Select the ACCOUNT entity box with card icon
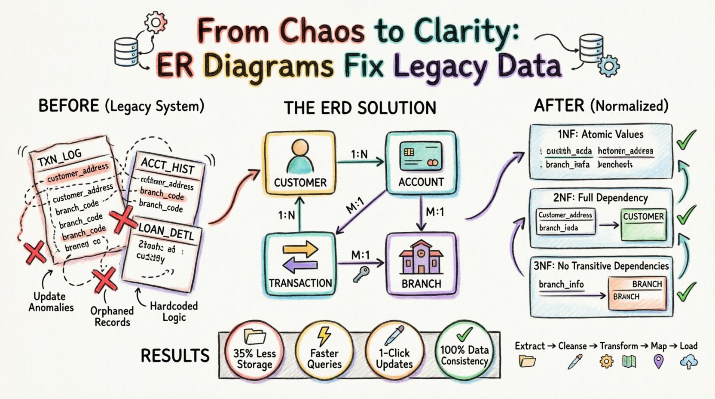point(421,163)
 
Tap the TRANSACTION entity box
point(300,265)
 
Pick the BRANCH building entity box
point(421,265)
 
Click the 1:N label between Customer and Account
point(359,153)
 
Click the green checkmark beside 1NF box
point(686,141)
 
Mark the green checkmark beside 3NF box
point(686,292)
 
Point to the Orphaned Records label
point(112,316)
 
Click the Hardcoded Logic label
point(174,312)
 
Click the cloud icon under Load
point(689,362)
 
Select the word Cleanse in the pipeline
point(572,346)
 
